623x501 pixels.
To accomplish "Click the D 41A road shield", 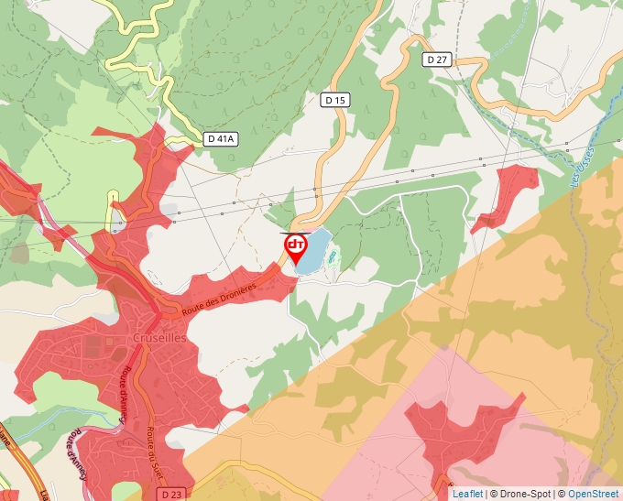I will tap(221, 139).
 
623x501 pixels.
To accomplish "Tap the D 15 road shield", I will tap(335, 101).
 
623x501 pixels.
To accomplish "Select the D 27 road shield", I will tap(438, 60).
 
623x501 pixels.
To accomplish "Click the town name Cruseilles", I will tap(159, 337).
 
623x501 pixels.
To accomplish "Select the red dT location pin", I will tap(295, 247).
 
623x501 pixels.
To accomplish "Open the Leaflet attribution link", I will tap(467, 494).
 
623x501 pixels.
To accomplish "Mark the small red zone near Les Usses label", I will tap(504, 195).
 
